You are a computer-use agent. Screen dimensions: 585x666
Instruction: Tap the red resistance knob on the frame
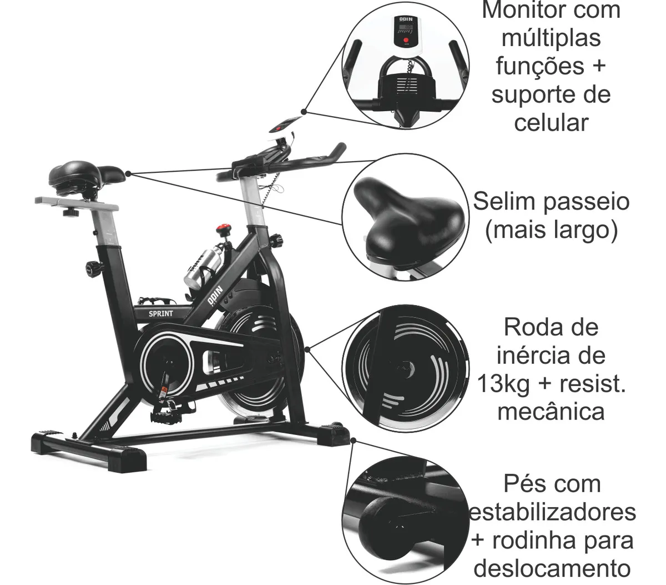[x=224, y=228]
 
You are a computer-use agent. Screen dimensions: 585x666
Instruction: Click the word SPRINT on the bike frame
[x=161, y=313]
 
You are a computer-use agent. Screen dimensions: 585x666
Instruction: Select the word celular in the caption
[x=551, y=122]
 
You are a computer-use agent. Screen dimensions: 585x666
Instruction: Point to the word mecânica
[x=551, y=412]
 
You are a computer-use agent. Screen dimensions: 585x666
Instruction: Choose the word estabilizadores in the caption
[x=553, y=512]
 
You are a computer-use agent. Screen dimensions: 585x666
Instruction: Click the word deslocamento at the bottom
[x=553, y=568]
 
